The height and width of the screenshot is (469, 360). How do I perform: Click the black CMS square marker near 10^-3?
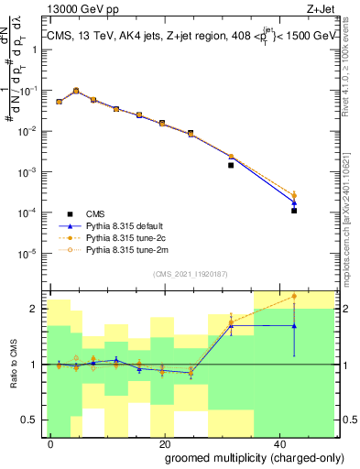pyautogui.click(x=231, y=166)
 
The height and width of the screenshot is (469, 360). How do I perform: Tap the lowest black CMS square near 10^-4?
pyautogui.click(x=294, y=211)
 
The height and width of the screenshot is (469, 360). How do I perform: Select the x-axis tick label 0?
pyautogui.click(x=51, y=442)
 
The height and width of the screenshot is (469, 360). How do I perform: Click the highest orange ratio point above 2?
pyautogui.click(x=294, y=296)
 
